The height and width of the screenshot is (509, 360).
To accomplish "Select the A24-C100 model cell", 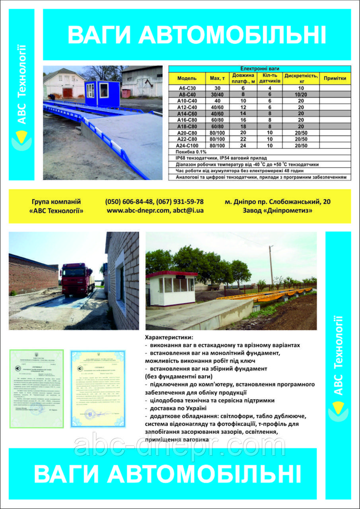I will coord(186,146).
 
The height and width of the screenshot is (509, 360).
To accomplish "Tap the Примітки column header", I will coord(335,78).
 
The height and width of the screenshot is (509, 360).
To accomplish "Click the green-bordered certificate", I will coord(36,389).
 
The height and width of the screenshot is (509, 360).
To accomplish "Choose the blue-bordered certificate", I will coord(98,389).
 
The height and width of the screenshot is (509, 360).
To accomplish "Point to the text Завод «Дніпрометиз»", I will coord(278,211).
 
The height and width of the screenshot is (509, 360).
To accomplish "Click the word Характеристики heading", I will coord(169,337).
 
